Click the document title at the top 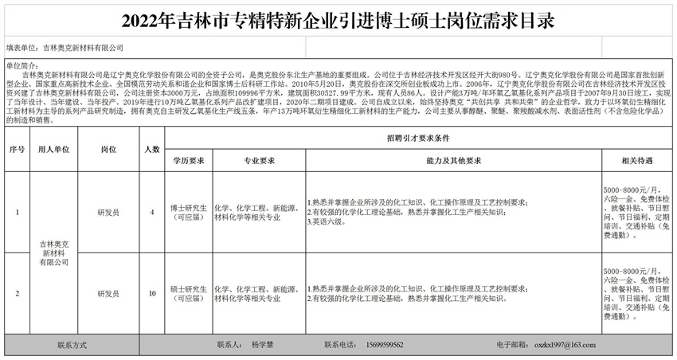338,19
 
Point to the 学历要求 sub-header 189,161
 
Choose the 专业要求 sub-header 255,161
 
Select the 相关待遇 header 636,161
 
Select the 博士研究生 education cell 189,213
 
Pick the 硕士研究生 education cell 189,294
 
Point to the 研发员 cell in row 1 108,213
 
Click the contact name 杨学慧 262,346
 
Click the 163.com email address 567,346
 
